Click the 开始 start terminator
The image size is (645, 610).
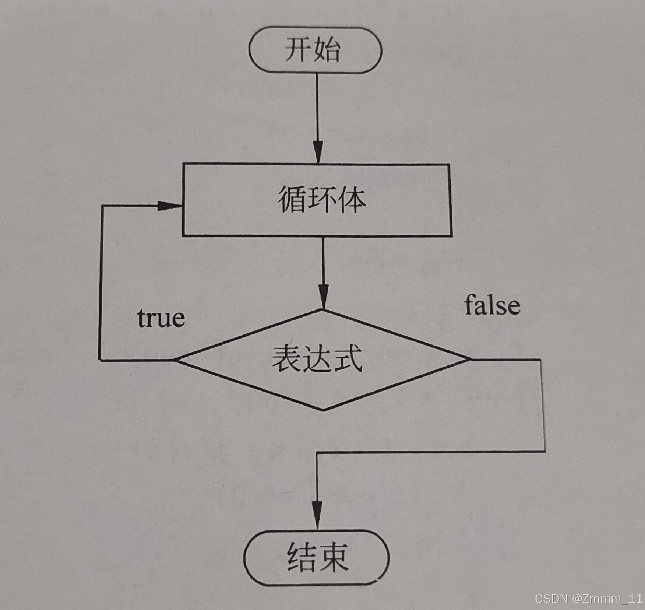pyautogui.click(x=315, y=50)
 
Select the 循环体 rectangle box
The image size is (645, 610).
pyautogui.click(x=317, y=200)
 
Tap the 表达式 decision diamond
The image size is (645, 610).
pyautogui.click(x=322, y=359)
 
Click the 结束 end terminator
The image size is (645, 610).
pyautogui.click(x=317, y=557)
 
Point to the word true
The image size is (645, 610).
pyautogui.click(x=161, y=318)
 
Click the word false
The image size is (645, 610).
pyautogui.click(x=492, y=305)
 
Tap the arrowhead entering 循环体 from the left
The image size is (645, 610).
pyautogui.click(x=169, y=206)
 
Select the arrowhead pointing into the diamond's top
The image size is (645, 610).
pyautogui.click(x=323, y=297)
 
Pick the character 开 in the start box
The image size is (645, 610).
pyautogui.click(x=297, y=50)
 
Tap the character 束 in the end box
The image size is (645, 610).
pyautogui.click(x=333, y=557)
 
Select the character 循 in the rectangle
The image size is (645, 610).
pyautogui.click(x=291, y=200)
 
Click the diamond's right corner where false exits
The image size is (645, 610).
pyautogui.click(x=470, y=359)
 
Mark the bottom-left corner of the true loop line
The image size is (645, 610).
pyautogui.click(x=100, y=359)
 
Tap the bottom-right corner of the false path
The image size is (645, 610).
pyautogui.click(x=544, y=451)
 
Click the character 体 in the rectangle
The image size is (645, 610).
pyautogui.click(x=351, y=200)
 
